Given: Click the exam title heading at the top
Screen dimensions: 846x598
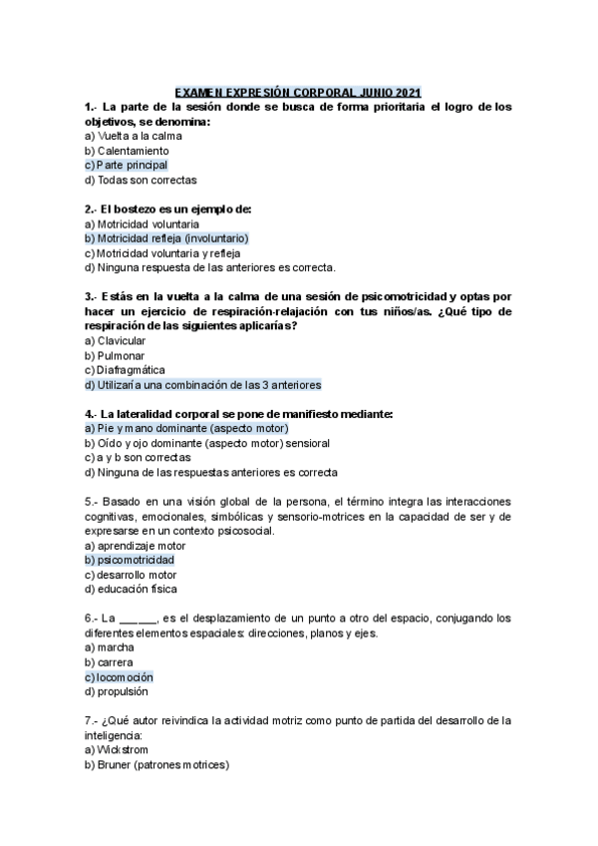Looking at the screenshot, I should point(298,92).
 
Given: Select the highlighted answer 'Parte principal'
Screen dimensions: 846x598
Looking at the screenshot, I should point(127,166).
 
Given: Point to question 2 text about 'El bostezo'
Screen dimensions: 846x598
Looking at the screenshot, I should point(168,209).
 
